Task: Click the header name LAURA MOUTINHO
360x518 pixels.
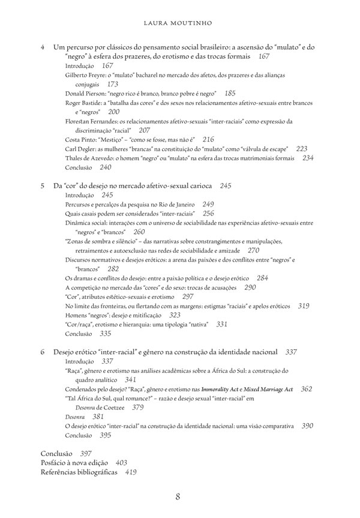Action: pos(179,23)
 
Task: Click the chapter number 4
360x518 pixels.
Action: pos(43,46)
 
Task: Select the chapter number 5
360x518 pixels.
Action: pos(43,186)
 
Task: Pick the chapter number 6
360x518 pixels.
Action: pos(43,351)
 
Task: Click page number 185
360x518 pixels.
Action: pos(229,94)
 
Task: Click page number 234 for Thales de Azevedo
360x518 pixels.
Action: pos(308,158)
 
